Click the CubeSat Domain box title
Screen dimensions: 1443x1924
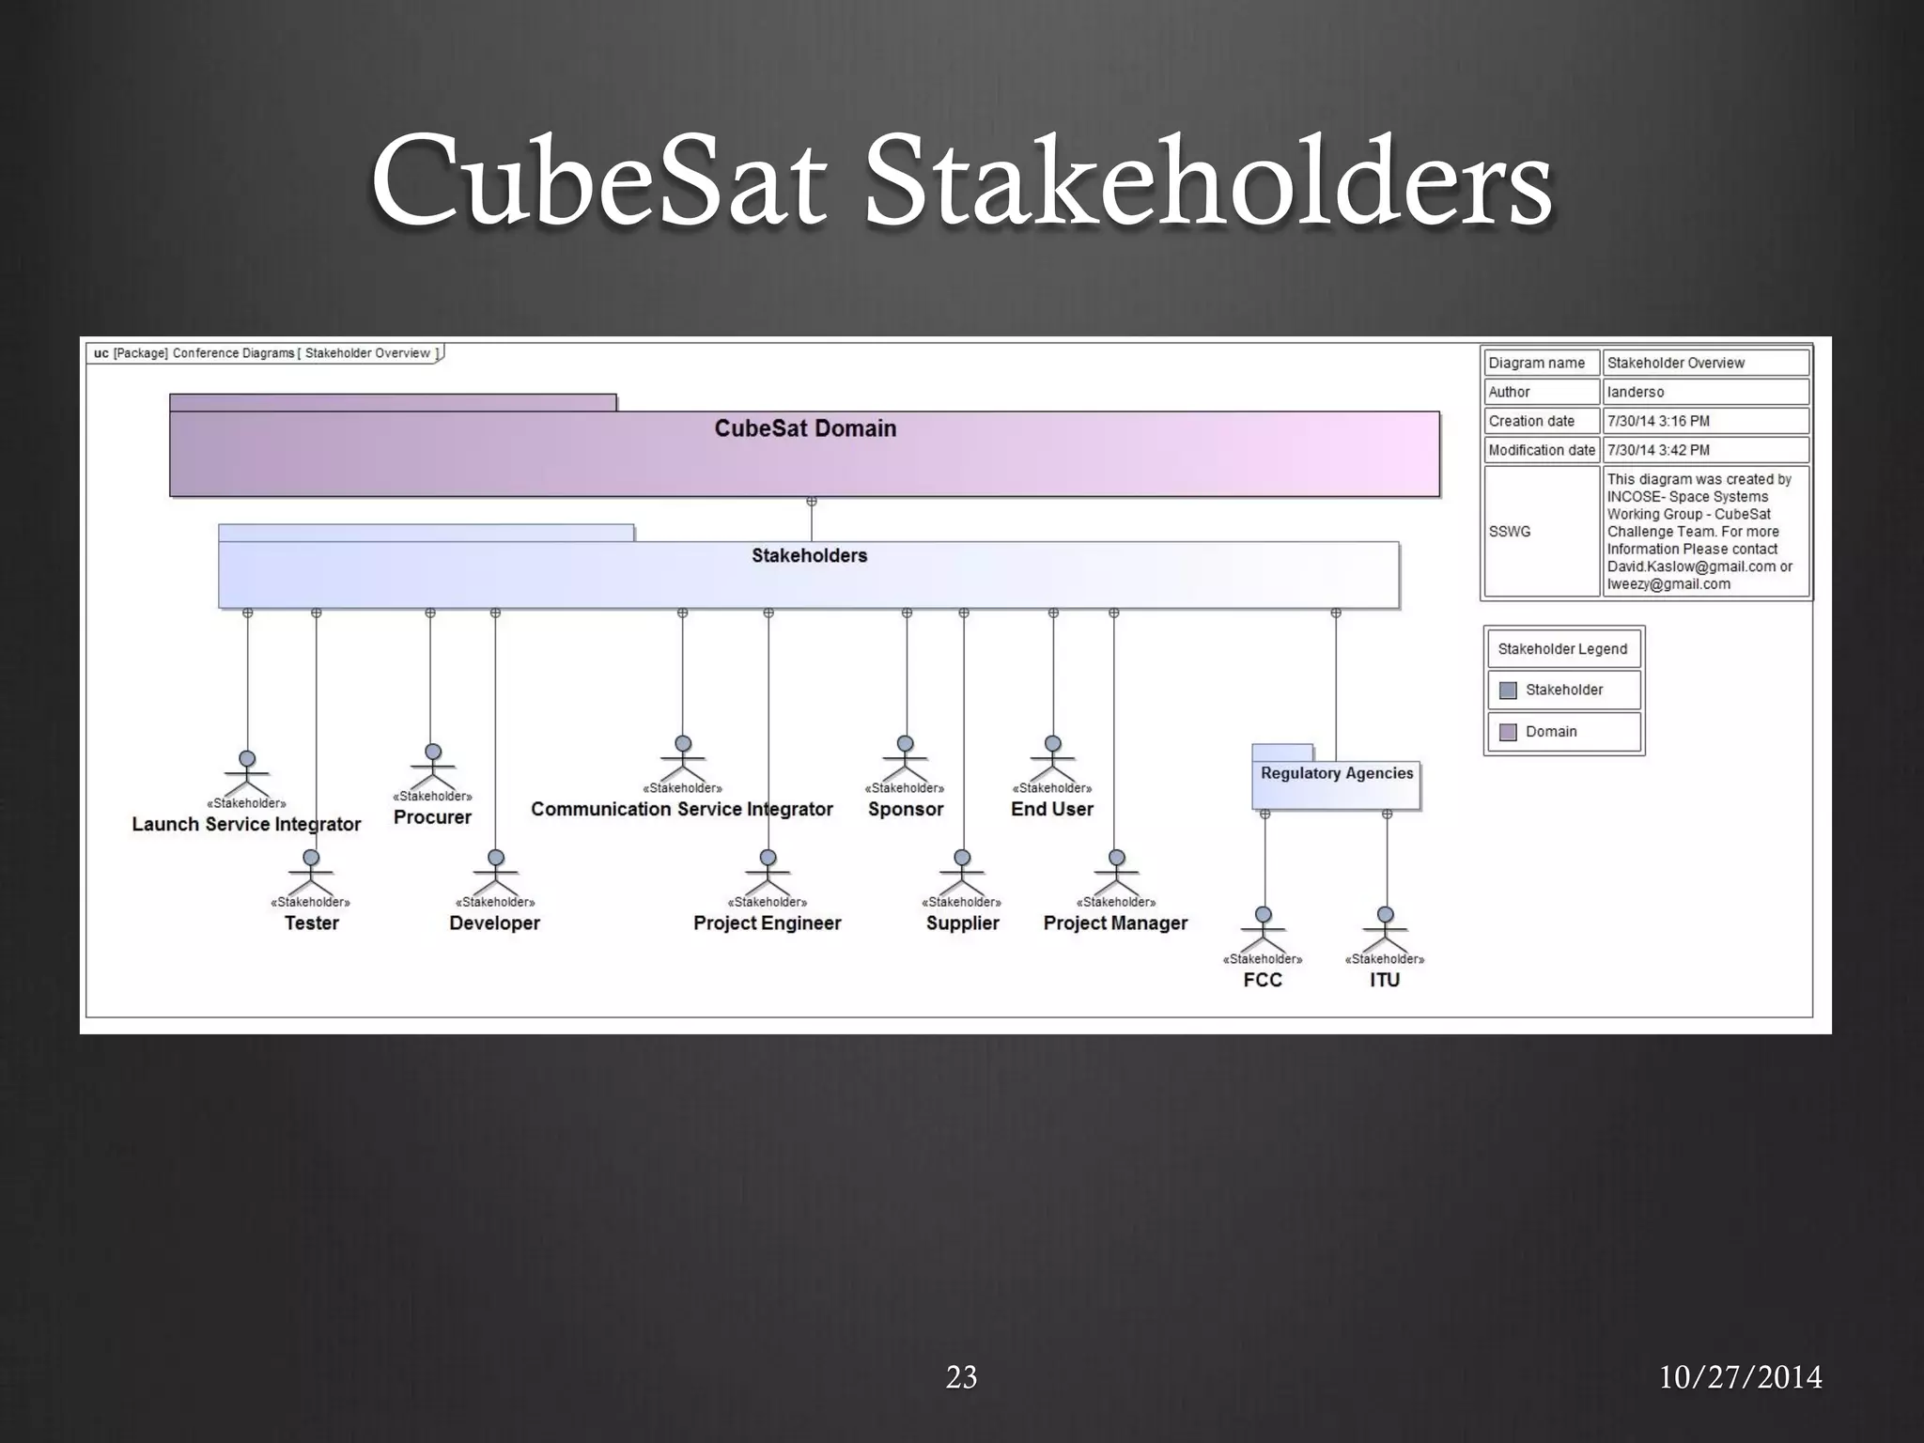(x=805, y=428)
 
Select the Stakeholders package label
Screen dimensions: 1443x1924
(x=809, y=555)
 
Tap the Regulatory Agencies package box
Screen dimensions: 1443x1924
(x=1336, y=784)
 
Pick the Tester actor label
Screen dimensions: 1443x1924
(x=312, y=923)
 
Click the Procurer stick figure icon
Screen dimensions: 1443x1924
(x=433, y=766)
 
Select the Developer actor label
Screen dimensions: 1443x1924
(x=494, y=923)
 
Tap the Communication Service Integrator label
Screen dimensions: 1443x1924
(x=681, y=809)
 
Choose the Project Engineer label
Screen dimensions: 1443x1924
(x=767, y=923)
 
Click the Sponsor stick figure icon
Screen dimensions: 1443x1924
(x=905, y=757)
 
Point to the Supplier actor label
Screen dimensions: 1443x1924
(x=962, y=923)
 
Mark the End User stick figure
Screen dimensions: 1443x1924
(x=1053, y=757)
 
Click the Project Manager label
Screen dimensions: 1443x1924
(x=1115, y=923)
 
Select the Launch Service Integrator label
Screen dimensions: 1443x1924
(x=246, y=824)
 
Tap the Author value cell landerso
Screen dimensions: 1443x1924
(x=1704, y=392)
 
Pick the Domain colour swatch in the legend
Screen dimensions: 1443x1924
(x=1508, y=732)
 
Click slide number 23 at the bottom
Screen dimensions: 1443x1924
(x=961, y=1377)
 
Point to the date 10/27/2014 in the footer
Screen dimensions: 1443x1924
(x=1740, y=1377)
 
